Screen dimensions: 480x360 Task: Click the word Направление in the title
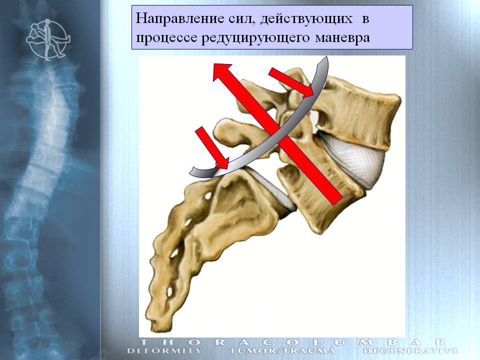[179, 18]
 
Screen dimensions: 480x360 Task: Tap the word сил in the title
[241, 19]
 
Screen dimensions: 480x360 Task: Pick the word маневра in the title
[342, 38]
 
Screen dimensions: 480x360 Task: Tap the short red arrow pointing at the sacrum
[211, 147]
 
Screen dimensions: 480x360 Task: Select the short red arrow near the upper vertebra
[291, 82]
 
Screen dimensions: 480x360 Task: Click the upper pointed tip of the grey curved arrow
[326, 56]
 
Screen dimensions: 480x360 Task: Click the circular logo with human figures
[47, 39]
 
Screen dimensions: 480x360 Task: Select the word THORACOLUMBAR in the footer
[292, 342]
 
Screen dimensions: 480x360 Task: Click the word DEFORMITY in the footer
[164, 351]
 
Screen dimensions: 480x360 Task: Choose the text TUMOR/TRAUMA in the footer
[282, 351]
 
